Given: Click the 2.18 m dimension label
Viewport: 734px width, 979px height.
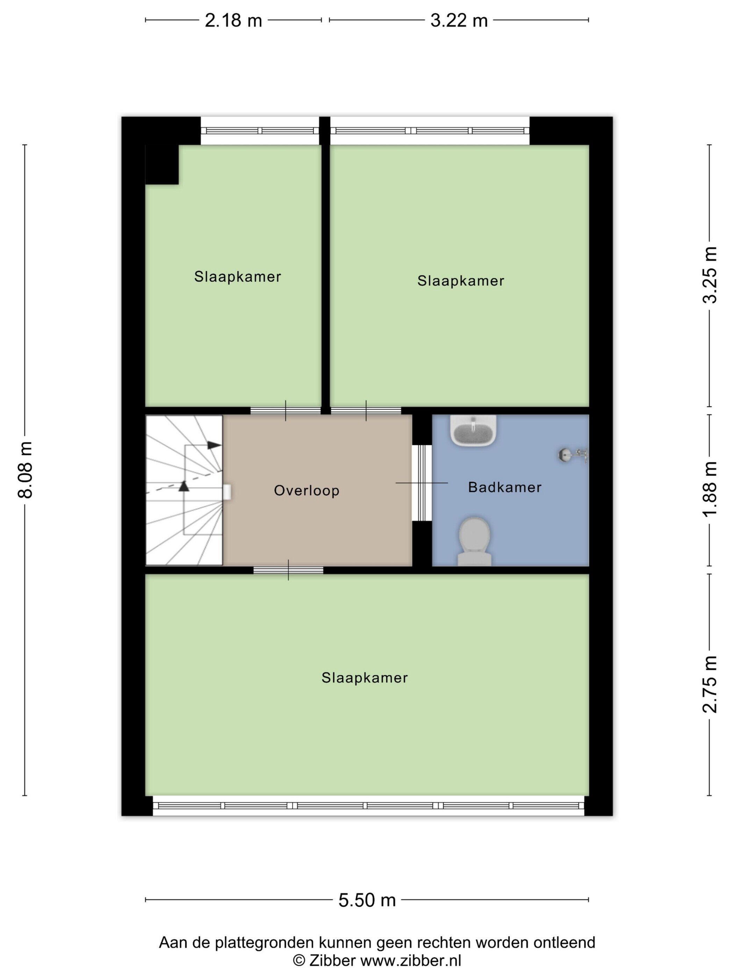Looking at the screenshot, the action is click(x=233, y=21).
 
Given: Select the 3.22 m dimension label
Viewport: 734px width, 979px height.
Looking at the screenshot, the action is click(x=459, y=21).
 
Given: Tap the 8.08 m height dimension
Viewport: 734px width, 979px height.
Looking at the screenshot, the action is click(x=26, y=470).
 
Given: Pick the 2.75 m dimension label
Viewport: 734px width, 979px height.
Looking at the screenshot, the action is click(x=710, y=684).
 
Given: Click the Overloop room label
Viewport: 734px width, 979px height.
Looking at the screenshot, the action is click(x=307, y=491).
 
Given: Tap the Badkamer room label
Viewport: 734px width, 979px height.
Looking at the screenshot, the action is click(x=505, y=487).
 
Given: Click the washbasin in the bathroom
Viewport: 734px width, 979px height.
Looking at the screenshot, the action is click(x=473, y=430).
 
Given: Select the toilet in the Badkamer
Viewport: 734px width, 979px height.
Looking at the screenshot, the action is click(x=474, y=542).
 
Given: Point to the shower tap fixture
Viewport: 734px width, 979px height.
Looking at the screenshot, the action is click(x=574, y=455).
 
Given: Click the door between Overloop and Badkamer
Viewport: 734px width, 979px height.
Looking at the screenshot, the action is click(x=422, y=483).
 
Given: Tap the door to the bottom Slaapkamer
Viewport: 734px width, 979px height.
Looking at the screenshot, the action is click(x=288, y=570).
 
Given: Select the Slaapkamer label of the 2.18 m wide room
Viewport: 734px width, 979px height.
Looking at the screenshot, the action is click(x=238, y=277).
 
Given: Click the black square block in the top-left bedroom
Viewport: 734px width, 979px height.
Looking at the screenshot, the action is click(x=162, y=164).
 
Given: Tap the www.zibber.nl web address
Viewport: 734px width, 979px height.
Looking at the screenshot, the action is click(x=411, y=961).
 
